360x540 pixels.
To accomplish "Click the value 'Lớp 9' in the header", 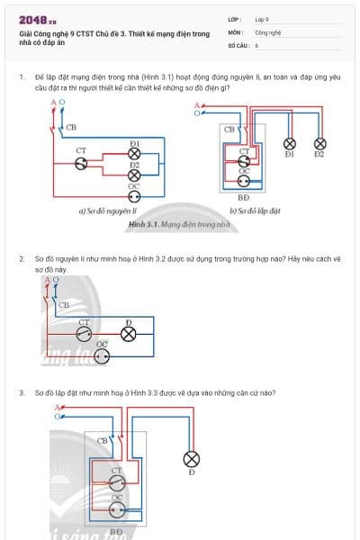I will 261,18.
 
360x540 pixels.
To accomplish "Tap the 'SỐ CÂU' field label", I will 237,44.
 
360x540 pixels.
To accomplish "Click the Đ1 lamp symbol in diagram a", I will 134,153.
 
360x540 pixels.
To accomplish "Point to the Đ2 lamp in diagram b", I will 319,143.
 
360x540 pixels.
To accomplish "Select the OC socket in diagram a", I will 134,195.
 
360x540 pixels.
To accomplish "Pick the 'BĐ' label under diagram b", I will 243,197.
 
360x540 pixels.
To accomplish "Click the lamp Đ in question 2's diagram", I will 128,334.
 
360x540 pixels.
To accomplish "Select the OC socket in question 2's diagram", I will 102,355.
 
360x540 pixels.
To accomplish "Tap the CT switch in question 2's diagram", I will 83,333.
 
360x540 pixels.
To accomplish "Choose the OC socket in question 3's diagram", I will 115,508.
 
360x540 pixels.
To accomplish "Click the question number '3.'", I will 22,392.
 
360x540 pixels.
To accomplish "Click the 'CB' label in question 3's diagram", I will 102,441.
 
